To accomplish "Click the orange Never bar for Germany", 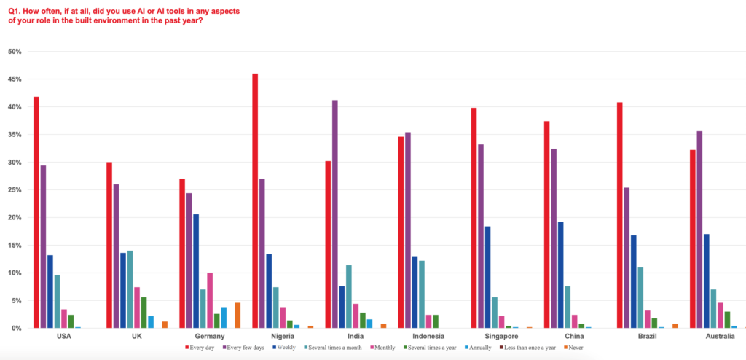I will pos(237,316).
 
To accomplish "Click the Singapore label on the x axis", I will pos(495,337).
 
